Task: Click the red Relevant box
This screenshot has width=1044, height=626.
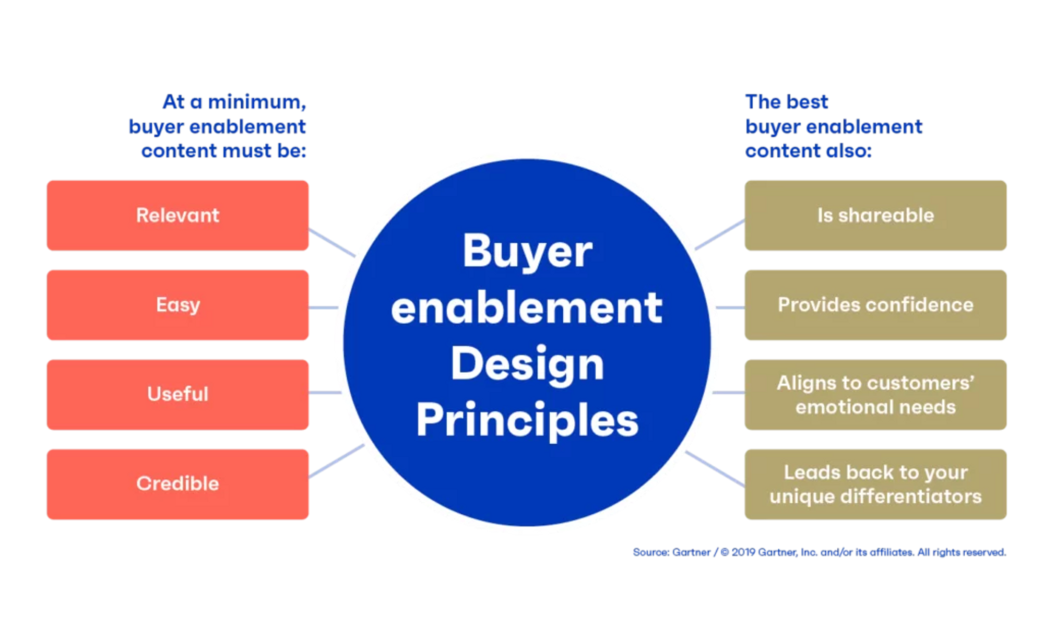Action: [x=177, y=215]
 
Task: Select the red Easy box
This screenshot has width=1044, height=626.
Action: [x=177, y=305]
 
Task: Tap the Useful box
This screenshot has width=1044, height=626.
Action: [x=177, y=394]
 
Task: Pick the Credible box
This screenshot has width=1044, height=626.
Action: [x=177, y=483]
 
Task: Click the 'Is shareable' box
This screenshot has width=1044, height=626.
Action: [x=875, y=215]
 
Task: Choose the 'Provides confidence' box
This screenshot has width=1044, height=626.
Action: [x=875, y=305]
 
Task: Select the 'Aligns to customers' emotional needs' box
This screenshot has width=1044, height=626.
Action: [x=875, y=395]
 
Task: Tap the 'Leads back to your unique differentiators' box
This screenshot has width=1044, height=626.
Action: [x=875, y=484]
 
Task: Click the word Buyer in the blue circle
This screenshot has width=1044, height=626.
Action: [x=527, y=252]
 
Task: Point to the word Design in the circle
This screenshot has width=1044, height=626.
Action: [x=527, y=364]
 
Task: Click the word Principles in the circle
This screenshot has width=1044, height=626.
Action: [x=527, y=420]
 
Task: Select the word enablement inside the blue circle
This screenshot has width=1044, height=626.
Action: [x=527, y=308]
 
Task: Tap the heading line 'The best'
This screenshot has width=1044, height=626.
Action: [x=787, y=102]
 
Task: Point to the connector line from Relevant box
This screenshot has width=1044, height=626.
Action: [x=331, y=241]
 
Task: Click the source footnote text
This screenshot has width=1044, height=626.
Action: [x=818, y=552]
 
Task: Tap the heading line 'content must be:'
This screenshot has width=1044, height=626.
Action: [x=223, y=151]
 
